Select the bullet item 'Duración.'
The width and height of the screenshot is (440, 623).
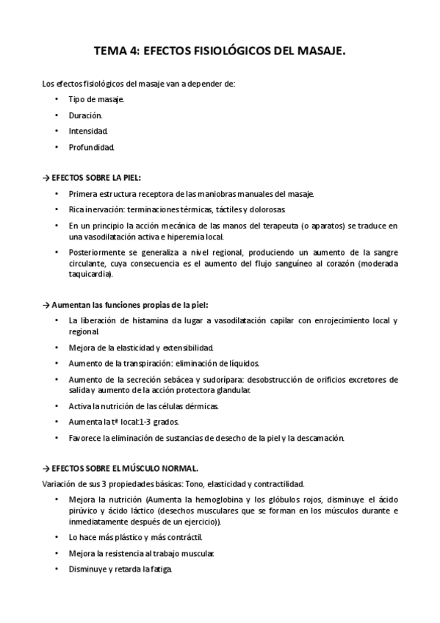coord(86,115)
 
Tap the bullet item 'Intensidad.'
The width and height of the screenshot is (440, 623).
coord(88,132)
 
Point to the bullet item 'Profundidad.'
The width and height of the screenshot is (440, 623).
coord(92,148)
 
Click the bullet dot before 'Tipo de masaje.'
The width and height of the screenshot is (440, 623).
coord(57,99)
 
